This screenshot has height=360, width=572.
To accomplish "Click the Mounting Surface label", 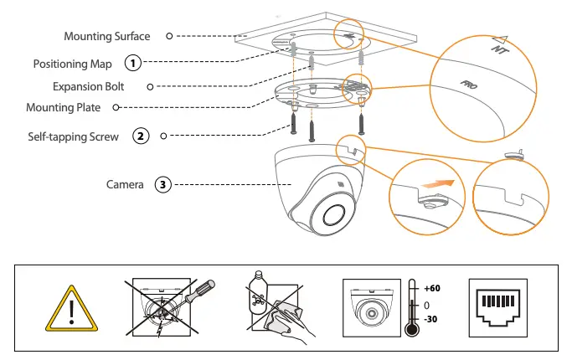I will pyautogui.click(x=107, y=36).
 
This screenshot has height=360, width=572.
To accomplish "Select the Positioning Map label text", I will pyautogui.click(x=72, y=64).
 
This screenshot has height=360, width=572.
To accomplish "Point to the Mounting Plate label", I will pyautogui.click(x=64, y=108).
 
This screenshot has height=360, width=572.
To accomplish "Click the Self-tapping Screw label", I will pyautogui.click(x=74, y=136).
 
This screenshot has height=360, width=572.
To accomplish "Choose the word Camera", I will pyautogui.click(x=125, y=184).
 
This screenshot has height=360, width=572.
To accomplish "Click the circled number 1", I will pyautogui.click(x=132, y=63).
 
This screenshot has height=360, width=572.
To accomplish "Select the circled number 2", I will pyautogui.click(x=142, y=135).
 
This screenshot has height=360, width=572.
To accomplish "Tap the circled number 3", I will pyautogui.click(x=163, y=184).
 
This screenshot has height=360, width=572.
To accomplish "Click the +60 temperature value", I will pyautogui.click(x=432, y=287).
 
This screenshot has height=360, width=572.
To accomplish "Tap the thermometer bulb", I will pyautogui.click(x=411, y=330).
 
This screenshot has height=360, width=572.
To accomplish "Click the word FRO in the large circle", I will pyautogui.click(x=470, y=85).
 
